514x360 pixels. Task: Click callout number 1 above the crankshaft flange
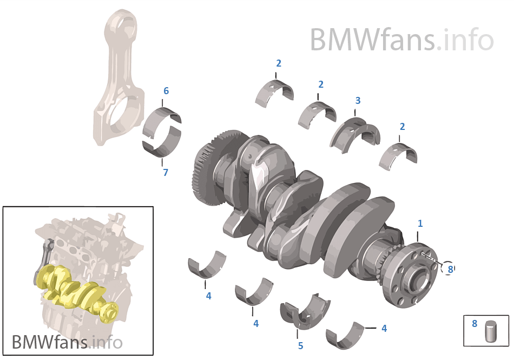(x=420, y=223)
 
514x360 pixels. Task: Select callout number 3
(x=358, y=101)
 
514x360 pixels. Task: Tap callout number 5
(x=300, y=345)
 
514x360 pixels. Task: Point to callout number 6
(x=166, y=91)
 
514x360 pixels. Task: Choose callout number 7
(x=166, y=173)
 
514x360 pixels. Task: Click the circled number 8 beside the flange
(x=449, y=267)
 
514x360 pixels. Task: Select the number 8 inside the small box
(x=475, y=324)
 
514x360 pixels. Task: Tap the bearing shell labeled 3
(x=355, y=133)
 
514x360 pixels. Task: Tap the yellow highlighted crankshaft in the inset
(x=76, y=287)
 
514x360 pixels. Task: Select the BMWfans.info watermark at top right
(x=401, y=40)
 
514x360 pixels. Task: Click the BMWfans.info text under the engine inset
(x=67, y=342)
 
